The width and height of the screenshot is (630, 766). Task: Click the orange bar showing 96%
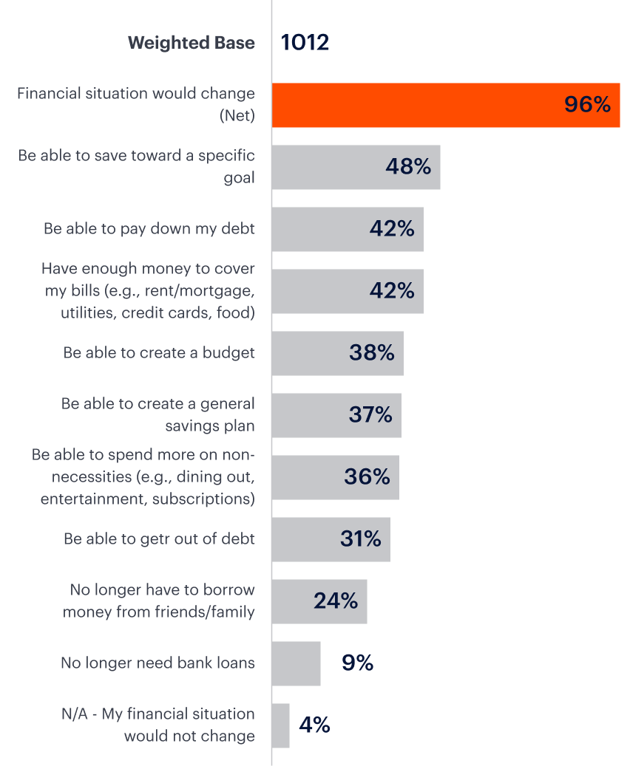coord(445,105)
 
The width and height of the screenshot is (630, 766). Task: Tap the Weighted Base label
coord(191,43)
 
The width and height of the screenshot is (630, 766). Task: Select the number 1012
coord(305,43)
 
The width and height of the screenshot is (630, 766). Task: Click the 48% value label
coord(407,167)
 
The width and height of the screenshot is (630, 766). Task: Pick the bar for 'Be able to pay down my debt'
coord(348,229)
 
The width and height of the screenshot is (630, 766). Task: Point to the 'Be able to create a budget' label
coord(159,353)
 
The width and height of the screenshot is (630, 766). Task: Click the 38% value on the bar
coord(371,353)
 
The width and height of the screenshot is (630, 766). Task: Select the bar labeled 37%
coord(336,415)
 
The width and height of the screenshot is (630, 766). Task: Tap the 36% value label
coord(367,477)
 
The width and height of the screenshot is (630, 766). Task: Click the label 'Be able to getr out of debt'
coord(159,539)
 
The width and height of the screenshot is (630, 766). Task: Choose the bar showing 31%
coord(331,539)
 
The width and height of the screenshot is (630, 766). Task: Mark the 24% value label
coord(336,601)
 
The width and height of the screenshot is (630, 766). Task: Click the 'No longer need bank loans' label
coord(157,663)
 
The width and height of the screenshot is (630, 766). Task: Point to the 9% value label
coord(357,663)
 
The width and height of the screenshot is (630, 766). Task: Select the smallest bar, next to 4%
coord(281,725)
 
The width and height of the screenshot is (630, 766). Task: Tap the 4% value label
coord(314,725)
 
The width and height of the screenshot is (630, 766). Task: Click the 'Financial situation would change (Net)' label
coord(136,105)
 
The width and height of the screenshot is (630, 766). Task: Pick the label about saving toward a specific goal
coord(137,167)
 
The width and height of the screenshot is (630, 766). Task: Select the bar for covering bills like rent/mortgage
coord(348,291)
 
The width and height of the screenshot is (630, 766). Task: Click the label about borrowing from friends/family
coord(159,601)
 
